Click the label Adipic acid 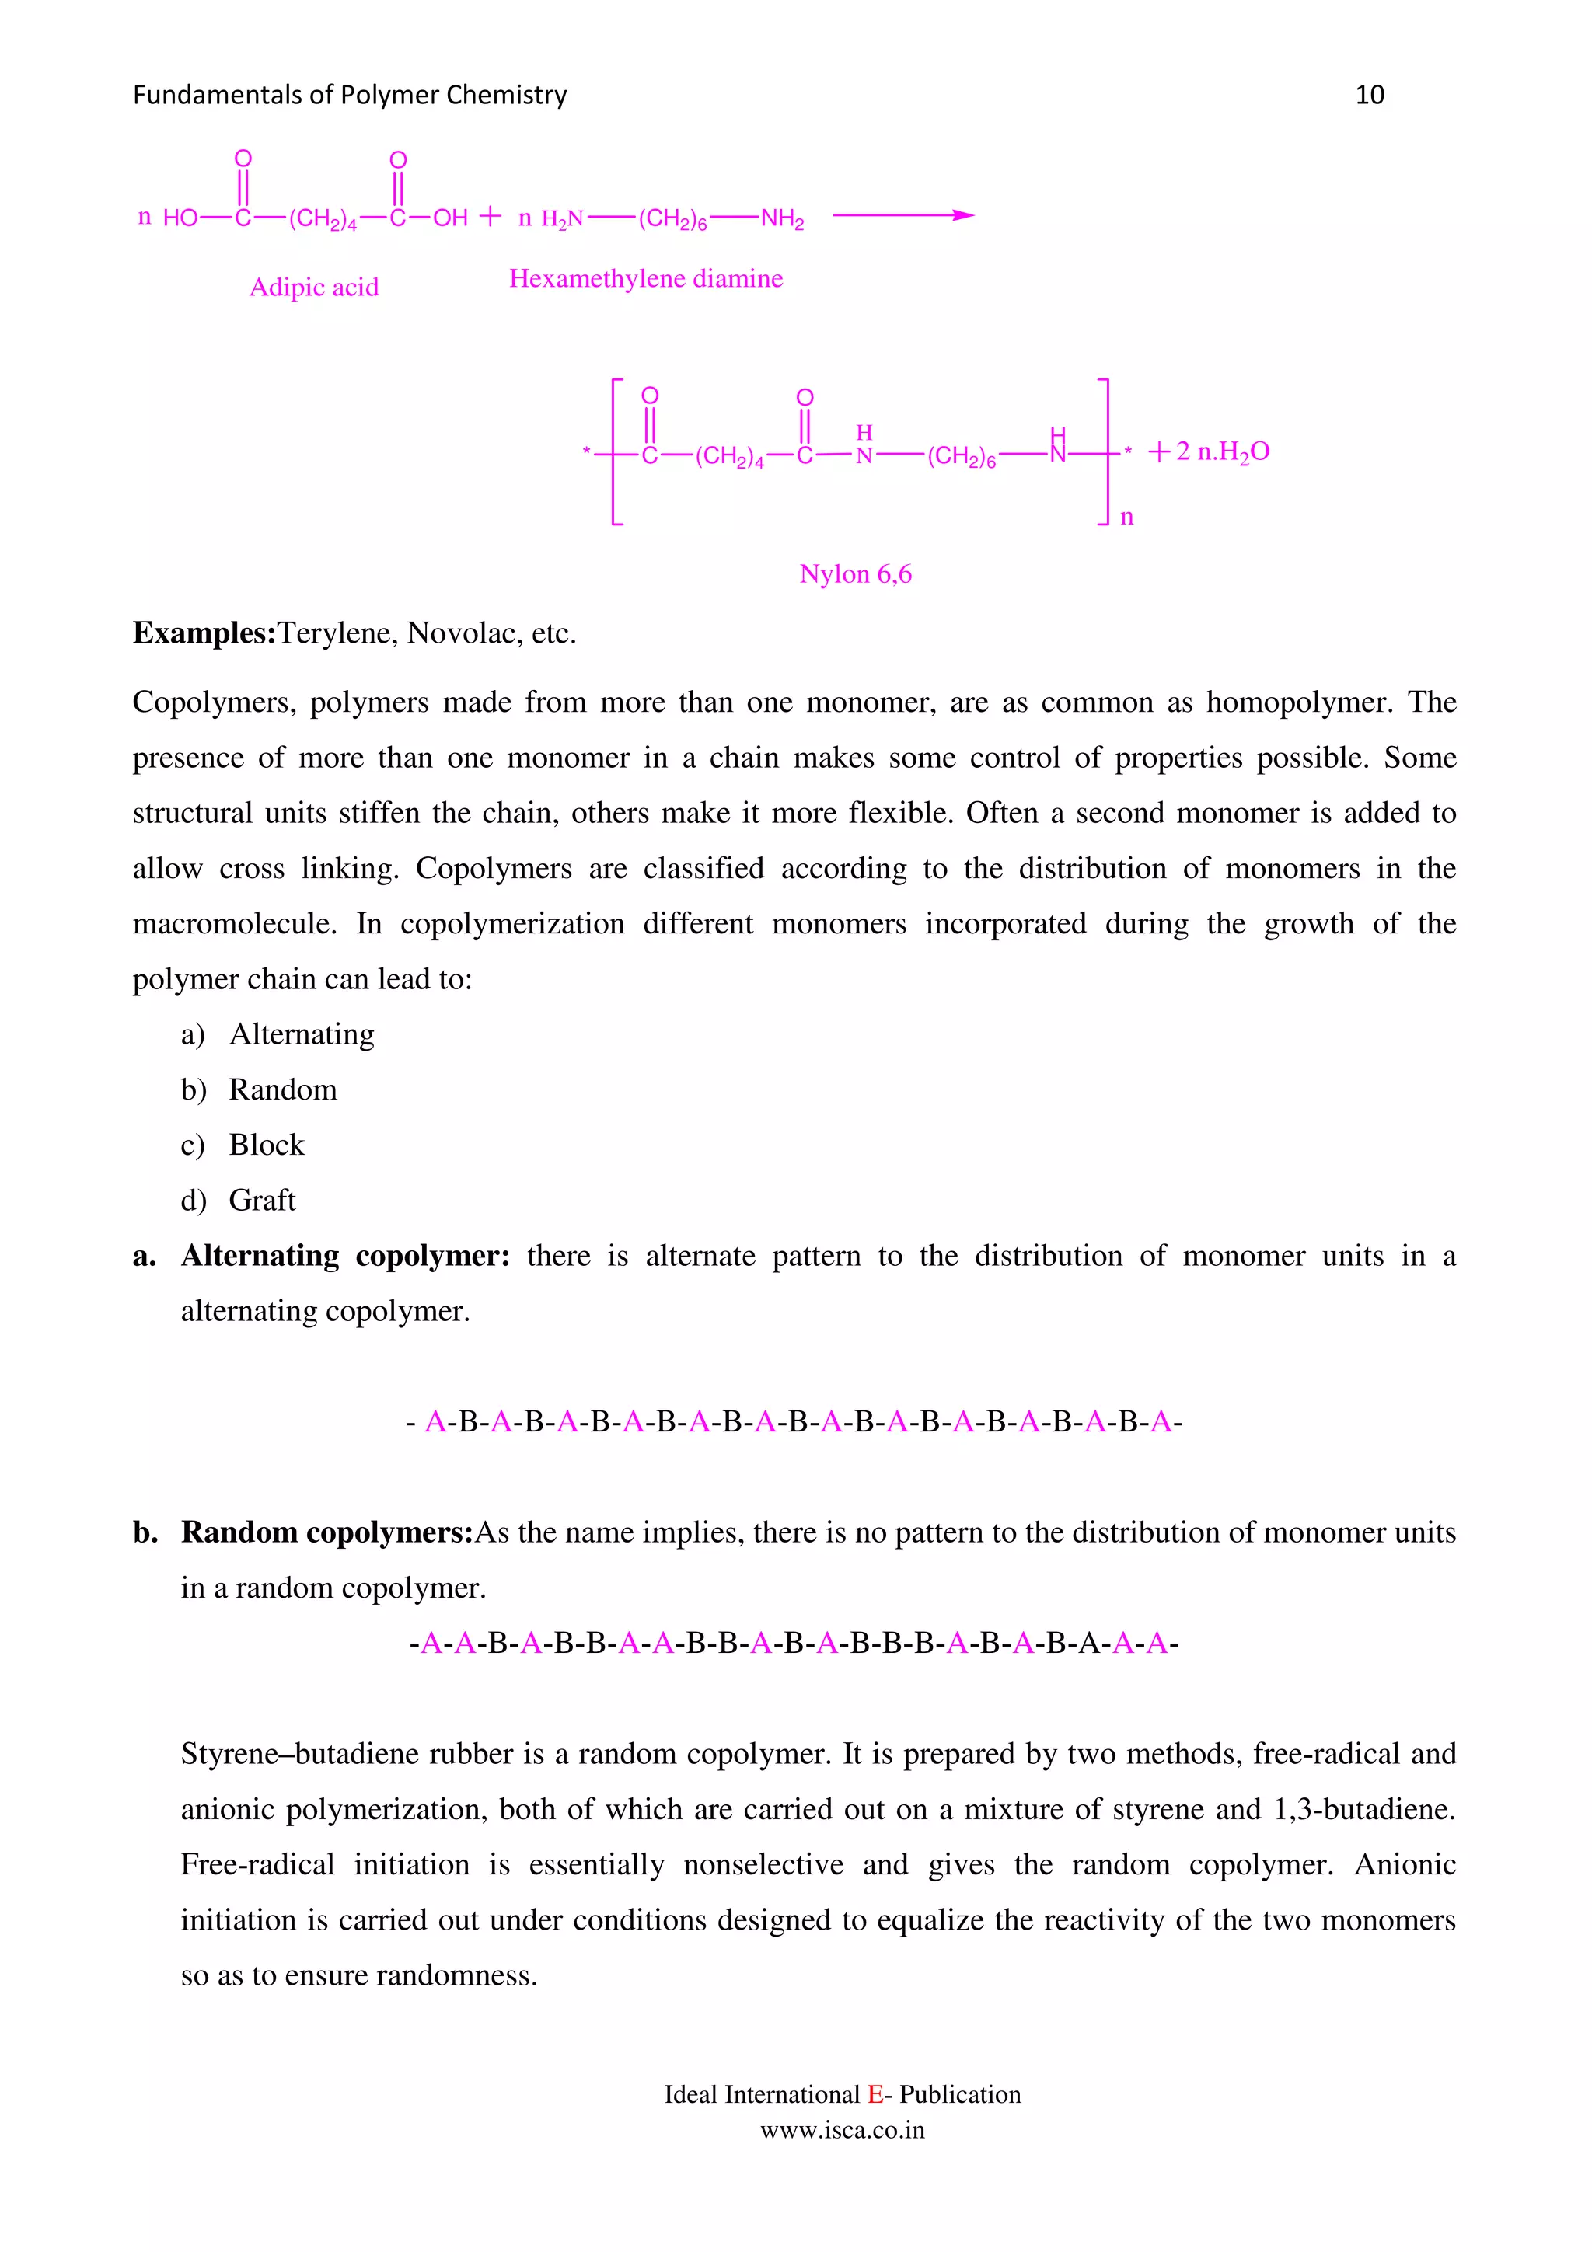pyautogui.click(x=314, y=288)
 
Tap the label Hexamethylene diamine pyautogui.click(x=645, y=280)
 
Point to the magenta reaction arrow pyautogui.click(x=902, y=216)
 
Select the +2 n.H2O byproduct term pyautogui.click(x=1210, y=452)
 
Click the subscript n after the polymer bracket pyautogui.click(x=1127, y=518)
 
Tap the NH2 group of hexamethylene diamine pyautogui.click(x=782, y=218)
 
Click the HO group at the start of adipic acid pyautogui.click(x=180, y=218)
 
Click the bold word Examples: pyautogui.click(x=204, y=633)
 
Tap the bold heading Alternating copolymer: pyautogui.click(x=345, y=1257)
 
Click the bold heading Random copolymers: pyautogui.click(x=327, y=1533)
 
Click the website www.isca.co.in pyautogui.click(x=842, y=2130)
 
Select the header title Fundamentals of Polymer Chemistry pyautogui.click(x=349, y=95)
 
